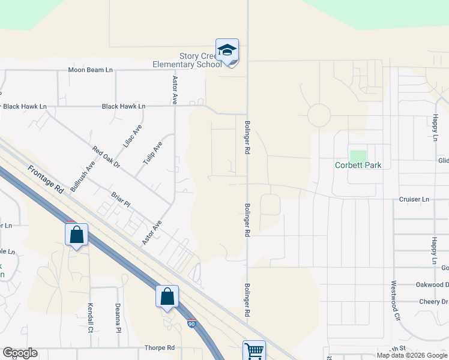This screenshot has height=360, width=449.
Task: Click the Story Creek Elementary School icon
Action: [x=227, y=50]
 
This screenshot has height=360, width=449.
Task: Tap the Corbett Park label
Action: [x=359, y=165]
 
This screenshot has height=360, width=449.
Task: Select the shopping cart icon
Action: [x=254, y=350]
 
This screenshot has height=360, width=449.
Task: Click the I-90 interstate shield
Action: [x=191, y=324]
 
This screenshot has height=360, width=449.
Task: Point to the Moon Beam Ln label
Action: [x=90, y=70]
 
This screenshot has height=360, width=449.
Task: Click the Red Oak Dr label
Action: [x=106, y=157]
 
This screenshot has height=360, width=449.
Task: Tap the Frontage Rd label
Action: [x=46, y=179]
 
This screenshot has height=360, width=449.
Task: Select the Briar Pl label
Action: [x=121, y=200]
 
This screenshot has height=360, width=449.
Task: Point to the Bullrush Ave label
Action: [x=82, y=176]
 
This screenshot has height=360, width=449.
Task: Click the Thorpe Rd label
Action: [x=159, y=348]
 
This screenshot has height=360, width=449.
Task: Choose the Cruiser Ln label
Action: [x=414, y=199]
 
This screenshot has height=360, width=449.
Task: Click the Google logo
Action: [x=20, y=353]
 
